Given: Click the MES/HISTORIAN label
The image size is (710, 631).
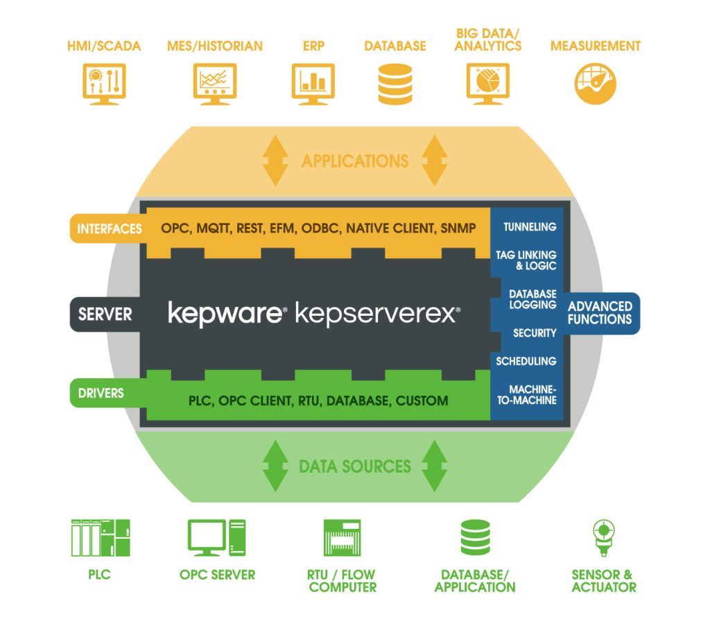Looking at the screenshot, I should tap(215, 47).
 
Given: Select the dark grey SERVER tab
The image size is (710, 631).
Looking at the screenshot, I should tap(105, 314).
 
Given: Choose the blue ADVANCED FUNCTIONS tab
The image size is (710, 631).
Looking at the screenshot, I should tap(600, 313).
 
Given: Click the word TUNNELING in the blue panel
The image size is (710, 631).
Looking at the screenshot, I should tap(530, 227).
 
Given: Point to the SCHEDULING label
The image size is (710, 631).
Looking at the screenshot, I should tap(526, 361).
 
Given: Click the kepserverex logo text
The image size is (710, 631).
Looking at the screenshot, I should tap(377, 313).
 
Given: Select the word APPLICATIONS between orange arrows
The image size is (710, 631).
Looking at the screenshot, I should tap(355, 161).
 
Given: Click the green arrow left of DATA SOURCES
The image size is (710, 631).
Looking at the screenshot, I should tap(275, 466).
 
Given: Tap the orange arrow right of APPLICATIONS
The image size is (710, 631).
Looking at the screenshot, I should tap(434, 161).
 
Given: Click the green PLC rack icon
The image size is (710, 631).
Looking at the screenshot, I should tap(101, 538).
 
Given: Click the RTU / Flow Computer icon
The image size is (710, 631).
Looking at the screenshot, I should tap(343, 538).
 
